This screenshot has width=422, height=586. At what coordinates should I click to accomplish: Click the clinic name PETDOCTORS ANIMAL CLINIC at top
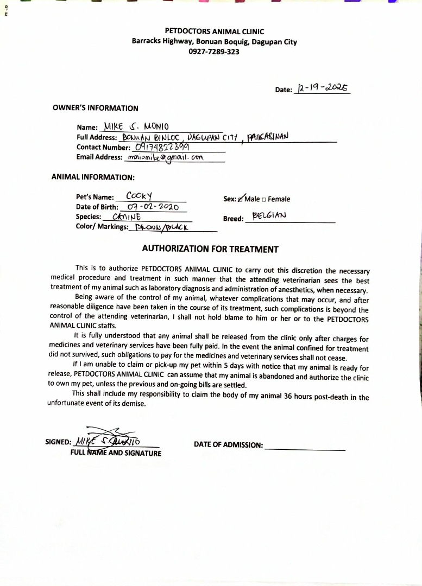pyautogui.click(x=214, y=32)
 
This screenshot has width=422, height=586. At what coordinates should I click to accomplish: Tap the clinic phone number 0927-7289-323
pyautogui.click(x=214, y=52)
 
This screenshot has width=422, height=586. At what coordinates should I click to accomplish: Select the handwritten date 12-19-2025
pyautogui.click(x=322, y=87)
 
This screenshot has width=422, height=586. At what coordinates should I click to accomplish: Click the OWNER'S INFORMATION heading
pyautogui.click(x=96, y=108)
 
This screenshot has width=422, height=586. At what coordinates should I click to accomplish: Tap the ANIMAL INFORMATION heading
pyautogui.click(x=93, y=177)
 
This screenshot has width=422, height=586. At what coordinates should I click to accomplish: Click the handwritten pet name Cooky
pyautogui.click(x=139, y=196)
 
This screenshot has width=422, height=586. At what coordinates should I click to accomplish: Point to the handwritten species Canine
pyautogui.click(x=126, y=216)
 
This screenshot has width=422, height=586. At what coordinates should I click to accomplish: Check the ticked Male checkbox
pyautogui.click(x=241, y=199)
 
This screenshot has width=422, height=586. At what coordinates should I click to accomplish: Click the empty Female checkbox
pyautogui.click(x=264, y=199)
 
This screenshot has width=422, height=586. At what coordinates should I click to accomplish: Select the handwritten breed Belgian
pyautogui.click(x=269, y=215)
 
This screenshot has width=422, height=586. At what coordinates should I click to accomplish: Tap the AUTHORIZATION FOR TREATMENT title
pyautogui.click(x=210, y=249)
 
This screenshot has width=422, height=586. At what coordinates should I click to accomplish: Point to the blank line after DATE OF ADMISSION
pyautogui.click(x=305, y=449)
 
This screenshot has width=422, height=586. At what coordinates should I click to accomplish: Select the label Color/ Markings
pyautogui.click(x=102, y=227)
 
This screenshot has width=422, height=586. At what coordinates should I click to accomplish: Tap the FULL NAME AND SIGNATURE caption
pyautogui.click(x=116, y=453)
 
